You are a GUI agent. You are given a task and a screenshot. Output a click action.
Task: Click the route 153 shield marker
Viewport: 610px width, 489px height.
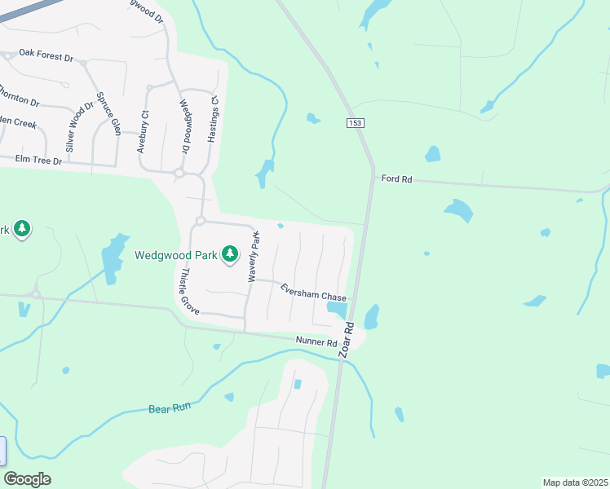tap(354, 122)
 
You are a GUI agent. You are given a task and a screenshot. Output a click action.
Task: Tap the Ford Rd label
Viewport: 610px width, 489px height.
tap(396, 178)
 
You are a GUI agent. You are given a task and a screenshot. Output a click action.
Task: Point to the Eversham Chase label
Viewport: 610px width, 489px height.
tap(314, 293)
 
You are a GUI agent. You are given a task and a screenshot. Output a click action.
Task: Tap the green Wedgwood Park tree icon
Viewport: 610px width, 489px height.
tap(230, 254)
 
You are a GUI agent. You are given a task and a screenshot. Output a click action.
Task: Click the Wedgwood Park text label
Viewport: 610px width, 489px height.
tap(176, 255)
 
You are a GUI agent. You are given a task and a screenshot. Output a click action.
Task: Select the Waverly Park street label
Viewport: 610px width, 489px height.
tap(254, 258)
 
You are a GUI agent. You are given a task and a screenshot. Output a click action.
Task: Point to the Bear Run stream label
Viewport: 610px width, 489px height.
tap(169, 408)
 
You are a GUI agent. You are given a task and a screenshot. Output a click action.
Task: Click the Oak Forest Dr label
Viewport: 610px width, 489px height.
tap(46, 59)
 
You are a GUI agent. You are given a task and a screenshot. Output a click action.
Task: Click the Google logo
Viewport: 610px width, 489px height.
tap(27, 479)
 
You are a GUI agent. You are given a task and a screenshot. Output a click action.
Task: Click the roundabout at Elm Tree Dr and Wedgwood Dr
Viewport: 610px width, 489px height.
tap(179, 173)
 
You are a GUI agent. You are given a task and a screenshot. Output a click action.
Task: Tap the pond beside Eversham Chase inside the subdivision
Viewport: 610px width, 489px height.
tap(336, 308)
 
